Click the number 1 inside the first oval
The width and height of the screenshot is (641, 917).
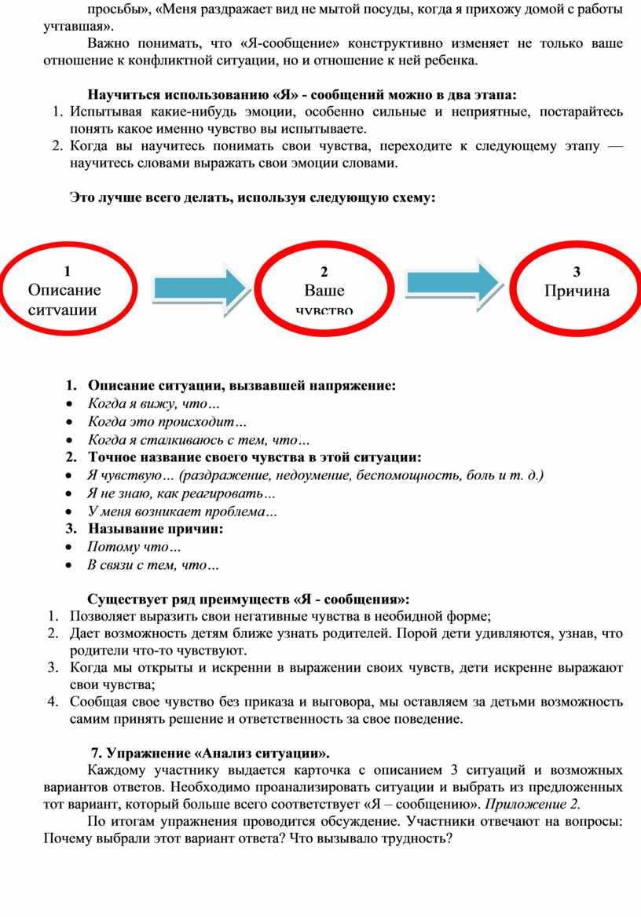(x=67, y=272)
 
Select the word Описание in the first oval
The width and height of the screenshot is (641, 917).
(x=64, y=290)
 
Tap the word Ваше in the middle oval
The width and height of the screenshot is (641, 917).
(x=324, y=290)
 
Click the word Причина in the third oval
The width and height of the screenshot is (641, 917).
(x=577, y=291)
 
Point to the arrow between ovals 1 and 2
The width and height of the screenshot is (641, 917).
(x=200, y=288)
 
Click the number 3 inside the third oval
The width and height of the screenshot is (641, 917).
(x=577, y=272)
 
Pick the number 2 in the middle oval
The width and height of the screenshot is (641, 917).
(x=324, y=272)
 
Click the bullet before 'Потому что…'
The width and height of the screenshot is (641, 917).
(x=71, y=548)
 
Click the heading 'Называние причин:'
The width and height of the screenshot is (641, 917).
(x=156, y=529)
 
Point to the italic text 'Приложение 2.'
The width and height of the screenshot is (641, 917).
(x=533, y=804)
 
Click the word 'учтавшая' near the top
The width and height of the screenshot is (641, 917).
(x=71, y=27)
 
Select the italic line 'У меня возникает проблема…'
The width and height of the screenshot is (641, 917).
(x=181, y=512)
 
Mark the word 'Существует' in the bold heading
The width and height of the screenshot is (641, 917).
(x=125, y=599)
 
